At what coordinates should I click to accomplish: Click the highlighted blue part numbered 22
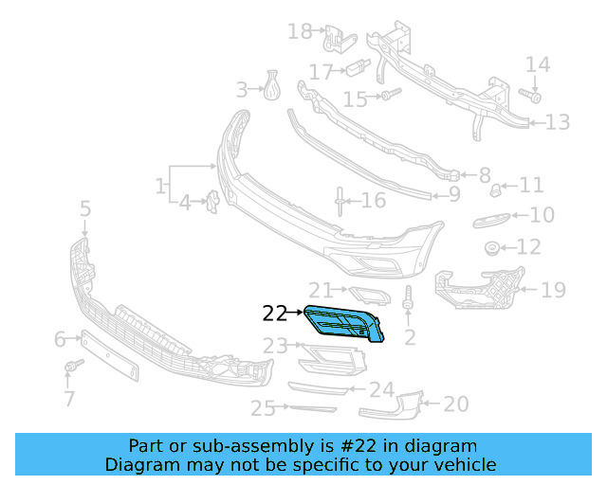[x=344, y=324]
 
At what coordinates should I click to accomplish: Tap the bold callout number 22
[x=274, y=312]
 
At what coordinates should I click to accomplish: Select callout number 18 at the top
[x=300, y=32]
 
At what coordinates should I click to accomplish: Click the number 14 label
[x=538, y=64]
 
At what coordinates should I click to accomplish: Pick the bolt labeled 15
[x=390, y=95]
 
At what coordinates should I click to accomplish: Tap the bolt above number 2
[x=409, y=297]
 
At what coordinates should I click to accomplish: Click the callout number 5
[x=84, y=207]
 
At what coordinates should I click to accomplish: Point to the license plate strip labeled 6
[x=112, y=354]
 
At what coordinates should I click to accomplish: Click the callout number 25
[x=263, y=408]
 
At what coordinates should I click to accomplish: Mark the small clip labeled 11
[x=495, y=191]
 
